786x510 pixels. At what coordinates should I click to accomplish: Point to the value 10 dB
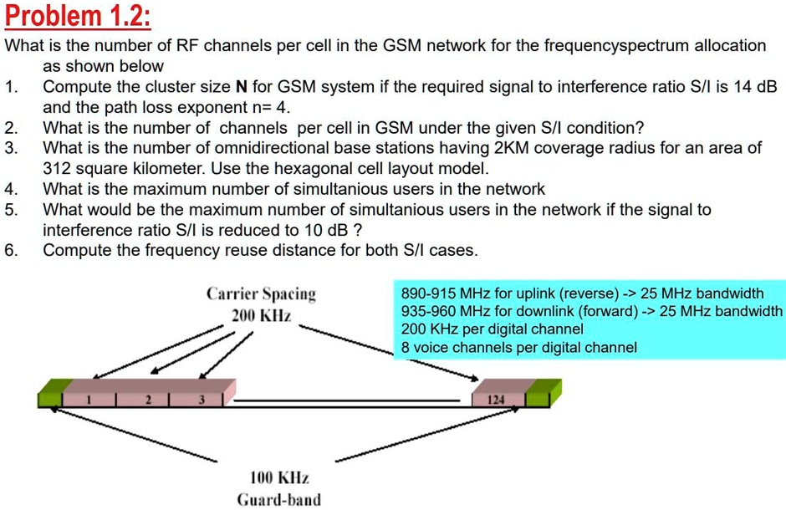329,229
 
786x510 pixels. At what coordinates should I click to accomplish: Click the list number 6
10,250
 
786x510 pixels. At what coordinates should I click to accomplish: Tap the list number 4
10,189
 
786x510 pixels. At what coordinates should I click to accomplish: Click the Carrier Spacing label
262,294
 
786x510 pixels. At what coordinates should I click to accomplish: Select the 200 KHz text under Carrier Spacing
261,316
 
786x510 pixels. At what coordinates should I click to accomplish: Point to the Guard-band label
279,500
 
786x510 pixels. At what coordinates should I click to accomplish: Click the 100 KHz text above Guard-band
279,478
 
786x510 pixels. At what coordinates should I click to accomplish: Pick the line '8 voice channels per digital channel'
518,347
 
